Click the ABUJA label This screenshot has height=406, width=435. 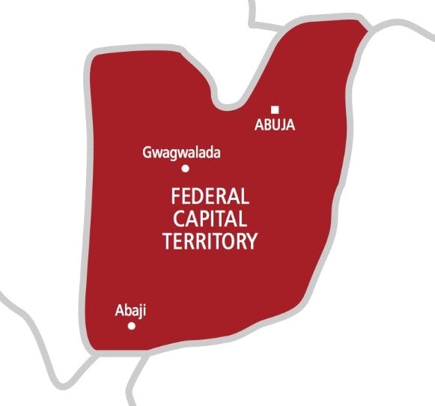coord(274,126)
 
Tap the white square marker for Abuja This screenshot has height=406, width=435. coord(275,109)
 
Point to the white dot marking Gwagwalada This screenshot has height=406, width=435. coord(185,169)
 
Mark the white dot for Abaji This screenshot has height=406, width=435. coord(132,326)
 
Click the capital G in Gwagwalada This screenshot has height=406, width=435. coord(146,154)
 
